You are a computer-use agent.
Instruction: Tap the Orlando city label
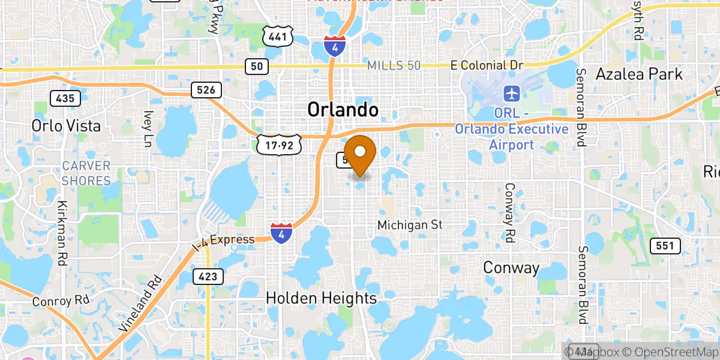343,110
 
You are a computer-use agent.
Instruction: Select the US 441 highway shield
277,37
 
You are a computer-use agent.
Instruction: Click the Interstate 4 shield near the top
334,46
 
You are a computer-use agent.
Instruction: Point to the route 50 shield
256,67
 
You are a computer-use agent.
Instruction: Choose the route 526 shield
206,90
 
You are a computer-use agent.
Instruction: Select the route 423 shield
208,276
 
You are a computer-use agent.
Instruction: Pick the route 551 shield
667,245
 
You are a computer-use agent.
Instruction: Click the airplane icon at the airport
512,94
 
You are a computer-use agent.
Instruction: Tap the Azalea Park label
639,74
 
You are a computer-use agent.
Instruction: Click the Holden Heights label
321,298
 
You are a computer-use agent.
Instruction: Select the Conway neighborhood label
512,268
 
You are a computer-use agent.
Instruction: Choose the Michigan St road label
410,225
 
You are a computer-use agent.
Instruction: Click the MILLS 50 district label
394,65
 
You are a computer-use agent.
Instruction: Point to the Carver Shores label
87,173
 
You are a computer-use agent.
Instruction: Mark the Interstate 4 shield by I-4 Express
281,233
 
